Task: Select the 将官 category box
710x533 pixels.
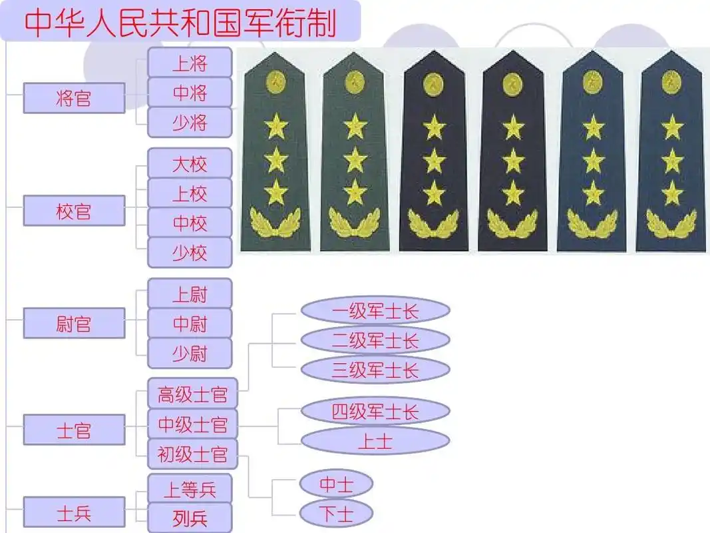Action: click(74, 99)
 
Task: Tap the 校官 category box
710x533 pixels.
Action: click(74, 211)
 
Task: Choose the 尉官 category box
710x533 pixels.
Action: click(74, 324)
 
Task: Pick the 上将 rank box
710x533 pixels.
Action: click(190, 63)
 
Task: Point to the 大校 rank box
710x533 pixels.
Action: click(190, 164)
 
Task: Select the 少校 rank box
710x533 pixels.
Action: click(190, 253)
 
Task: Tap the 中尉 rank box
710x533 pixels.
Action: click(190, 324)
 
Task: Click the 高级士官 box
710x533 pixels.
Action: click(192, 395)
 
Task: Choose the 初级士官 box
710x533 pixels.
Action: click(192, 454)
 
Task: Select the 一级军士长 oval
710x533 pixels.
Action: click(375, 310)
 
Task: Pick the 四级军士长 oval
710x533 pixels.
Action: click(375, 411)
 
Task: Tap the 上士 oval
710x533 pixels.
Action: click(375, 440)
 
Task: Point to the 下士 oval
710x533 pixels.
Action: click(336, 513)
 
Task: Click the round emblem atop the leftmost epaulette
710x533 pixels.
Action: click(275, 83)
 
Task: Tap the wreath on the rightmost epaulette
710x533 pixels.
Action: click(671, 223)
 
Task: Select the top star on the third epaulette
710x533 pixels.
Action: click(434, 127)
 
